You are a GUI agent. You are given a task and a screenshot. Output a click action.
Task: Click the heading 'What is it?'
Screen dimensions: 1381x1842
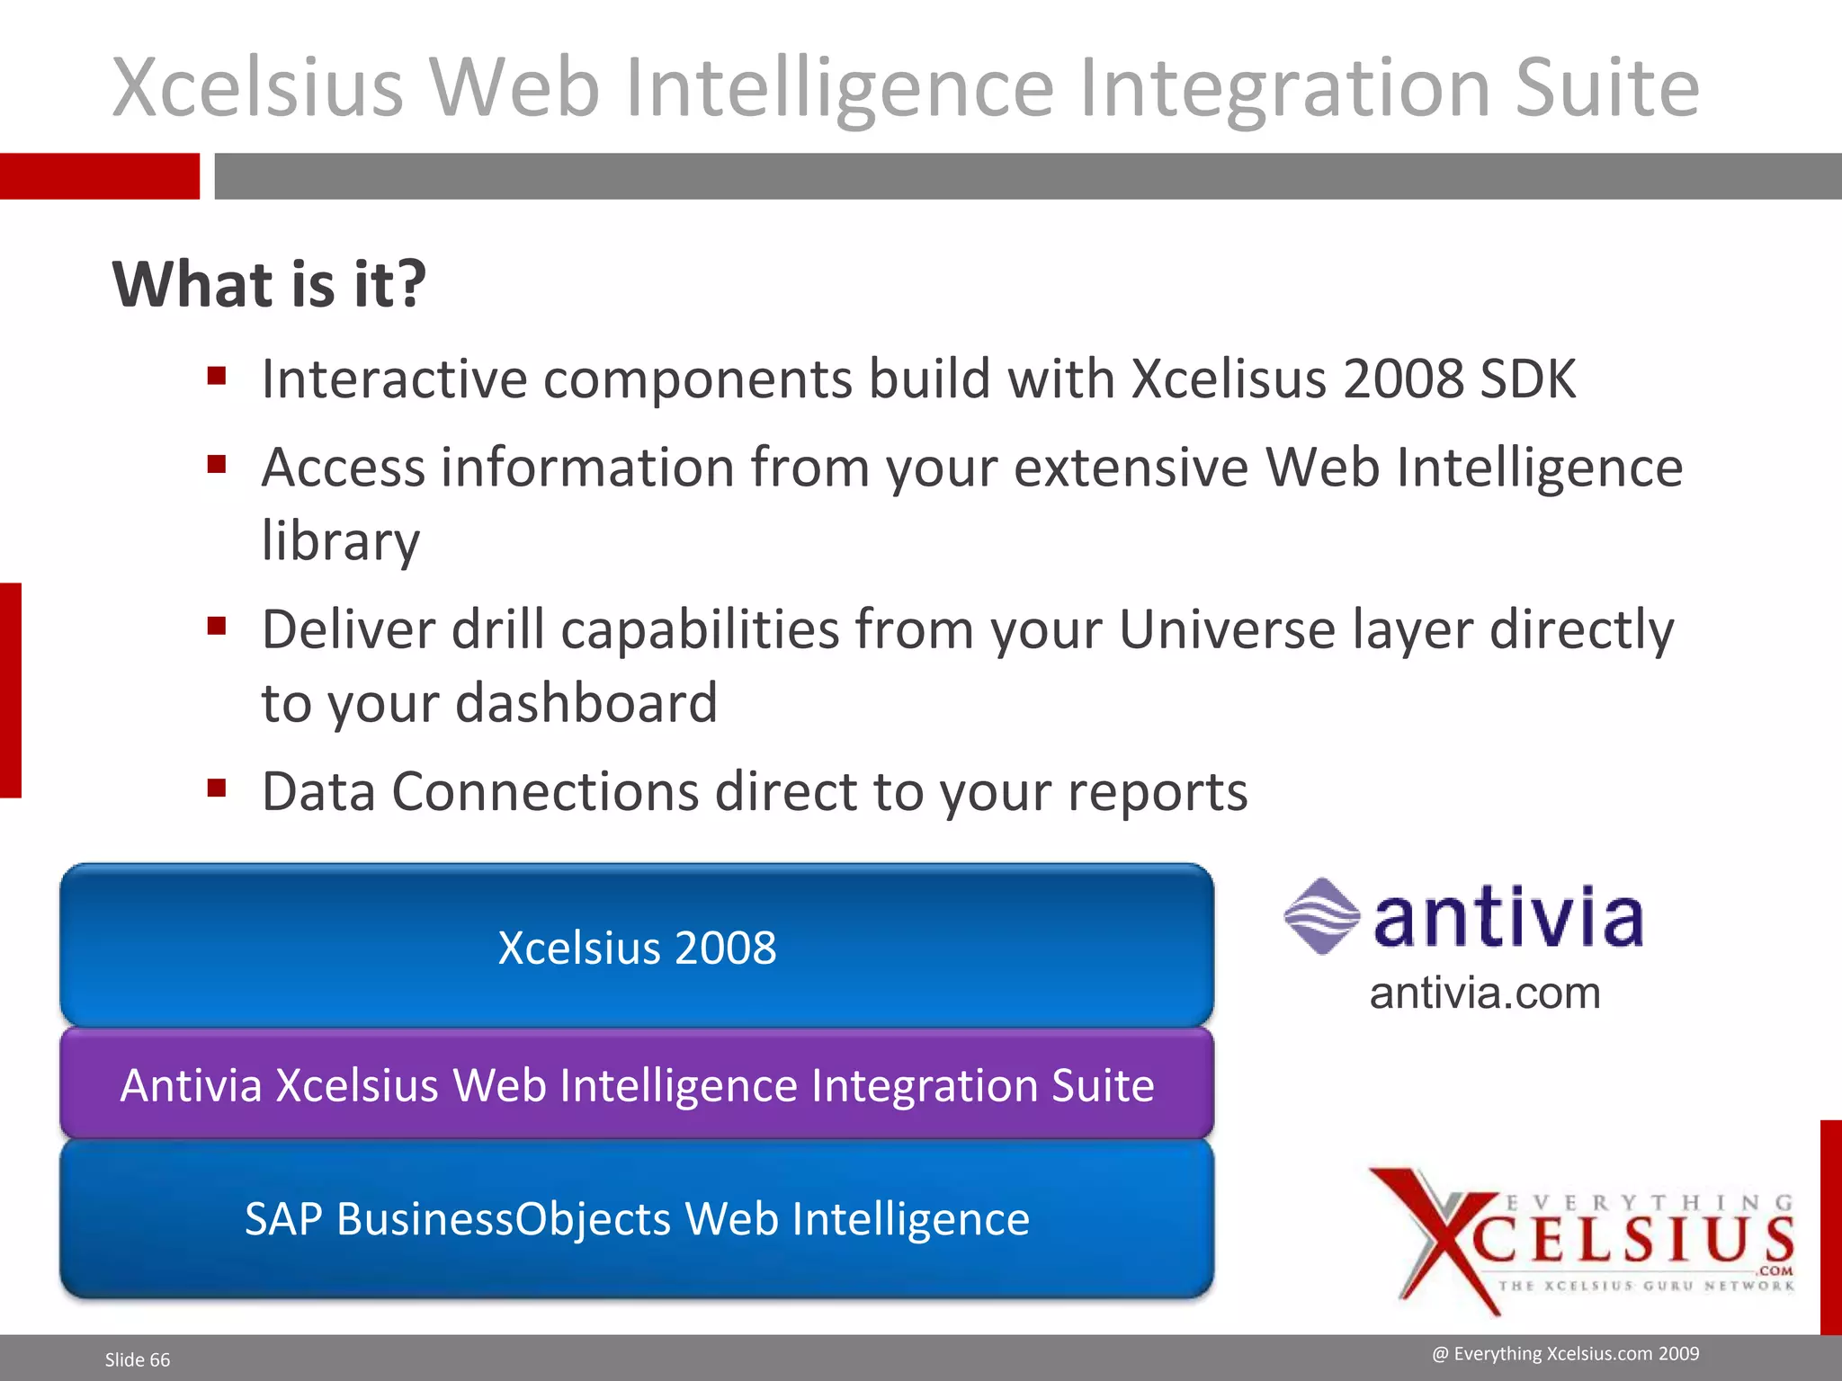coord(269,284)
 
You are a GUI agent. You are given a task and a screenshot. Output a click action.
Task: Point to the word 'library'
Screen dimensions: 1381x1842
coord(340,542)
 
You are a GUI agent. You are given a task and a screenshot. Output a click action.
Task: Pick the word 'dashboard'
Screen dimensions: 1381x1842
coord(586,702)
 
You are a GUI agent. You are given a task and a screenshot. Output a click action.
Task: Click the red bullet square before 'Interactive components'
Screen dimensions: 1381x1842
coord(216,376)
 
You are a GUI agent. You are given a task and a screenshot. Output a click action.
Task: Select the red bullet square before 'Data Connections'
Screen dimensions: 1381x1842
coord(216,789)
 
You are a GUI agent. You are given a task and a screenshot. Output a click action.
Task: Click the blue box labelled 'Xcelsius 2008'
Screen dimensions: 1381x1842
coord(637,946)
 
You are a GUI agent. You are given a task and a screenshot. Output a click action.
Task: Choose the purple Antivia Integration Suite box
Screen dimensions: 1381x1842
coord(637,1084)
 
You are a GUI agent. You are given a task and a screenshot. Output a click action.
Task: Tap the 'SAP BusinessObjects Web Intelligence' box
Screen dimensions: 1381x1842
coord(637,1219)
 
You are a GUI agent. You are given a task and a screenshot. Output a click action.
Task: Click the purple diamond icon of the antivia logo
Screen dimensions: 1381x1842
coord(1321,916)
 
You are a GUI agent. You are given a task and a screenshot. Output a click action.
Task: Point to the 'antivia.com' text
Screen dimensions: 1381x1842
coord(1485,993)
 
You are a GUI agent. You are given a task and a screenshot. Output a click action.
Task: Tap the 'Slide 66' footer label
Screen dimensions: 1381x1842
coord(138,1359)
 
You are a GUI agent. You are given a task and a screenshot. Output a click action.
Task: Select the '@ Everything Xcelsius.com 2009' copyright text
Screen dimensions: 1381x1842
coord(1566,1353)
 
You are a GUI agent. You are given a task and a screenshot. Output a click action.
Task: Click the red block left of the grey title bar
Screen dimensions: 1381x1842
coord(99,176)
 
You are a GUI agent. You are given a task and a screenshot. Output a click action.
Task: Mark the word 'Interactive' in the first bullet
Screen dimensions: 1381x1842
coord(394,379)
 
